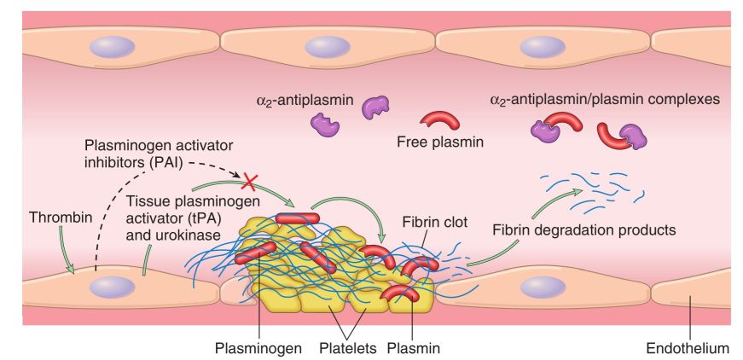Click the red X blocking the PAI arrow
(x=250, y=180)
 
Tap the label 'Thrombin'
(x=54, y=218)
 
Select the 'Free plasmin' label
(x=440, y=142)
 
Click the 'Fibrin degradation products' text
(x=584, y=229)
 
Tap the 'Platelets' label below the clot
(x=345, y=347)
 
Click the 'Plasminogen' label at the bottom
(x=258, y=347)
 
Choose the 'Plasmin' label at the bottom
(x=414, y=347)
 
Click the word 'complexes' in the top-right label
(x=681, y=100)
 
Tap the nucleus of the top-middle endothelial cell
(x=324, y=47)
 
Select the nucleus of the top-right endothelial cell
(x=543, y=47)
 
